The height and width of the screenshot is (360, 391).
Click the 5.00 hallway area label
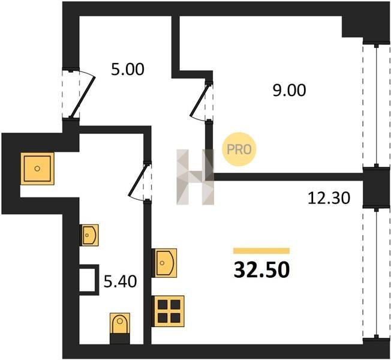(x=127, y=70)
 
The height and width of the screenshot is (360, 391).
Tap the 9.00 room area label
(x=289, y=90)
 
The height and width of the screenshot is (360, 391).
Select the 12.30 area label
(x=329, y=199)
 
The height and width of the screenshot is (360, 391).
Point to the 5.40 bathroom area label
(x=120, y=281)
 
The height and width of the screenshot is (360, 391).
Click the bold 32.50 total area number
(x=261, y=270)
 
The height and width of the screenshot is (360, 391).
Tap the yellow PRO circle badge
(x=239, y=149)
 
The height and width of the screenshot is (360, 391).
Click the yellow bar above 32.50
(x=261, y=251)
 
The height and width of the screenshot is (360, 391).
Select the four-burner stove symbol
(x=169, y=311)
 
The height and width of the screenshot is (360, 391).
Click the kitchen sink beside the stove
(x=164, y=263)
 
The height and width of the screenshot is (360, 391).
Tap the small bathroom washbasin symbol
(x=89, y=235)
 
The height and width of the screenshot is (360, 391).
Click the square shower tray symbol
(x=37, y=169)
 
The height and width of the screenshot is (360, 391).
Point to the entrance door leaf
(x=83, y=97)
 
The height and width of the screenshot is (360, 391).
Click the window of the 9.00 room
(x=376, y=105)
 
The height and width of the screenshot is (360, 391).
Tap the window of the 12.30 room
(x=376, y=273)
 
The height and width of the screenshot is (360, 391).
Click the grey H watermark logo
(x=195, y=177)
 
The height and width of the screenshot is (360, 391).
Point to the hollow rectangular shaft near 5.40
(x=89, y=280)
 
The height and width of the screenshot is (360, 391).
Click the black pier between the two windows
(x=376, y=187)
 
